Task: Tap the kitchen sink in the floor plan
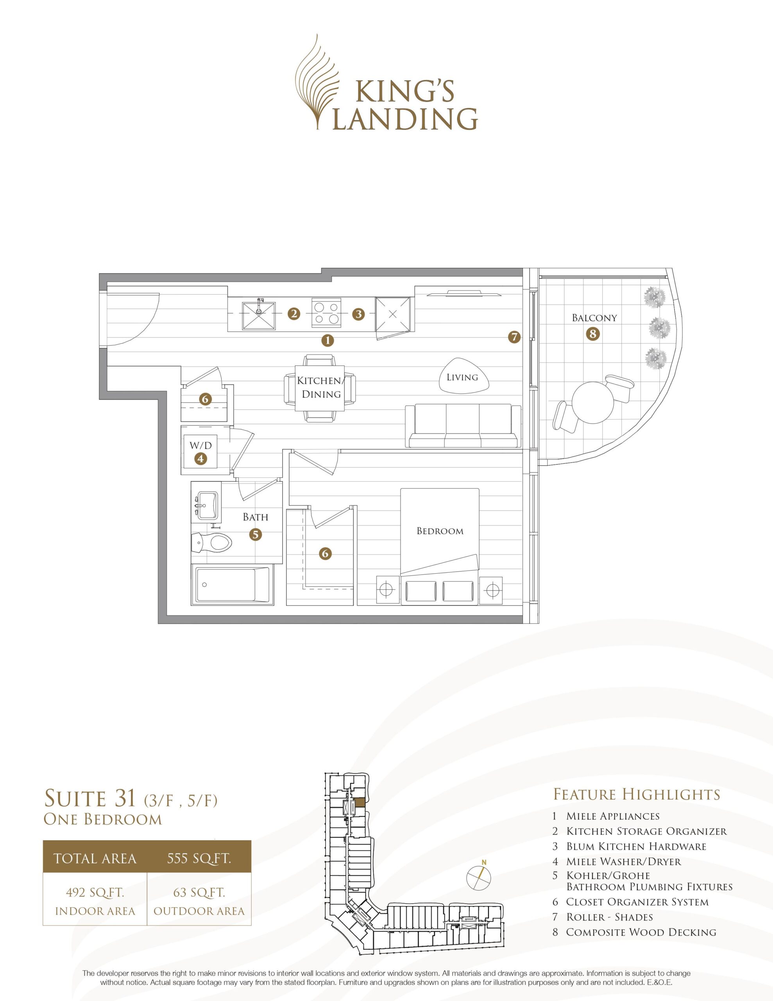pos(258,314)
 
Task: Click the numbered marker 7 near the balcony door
pos(515,337)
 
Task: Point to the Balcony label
pos(594,318)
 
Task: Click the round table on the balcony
pos(593,403)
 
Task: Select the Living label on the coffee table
pos(462,377)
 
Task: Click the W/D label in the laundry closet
pos(201,445)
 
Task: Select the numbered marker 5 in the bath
pos(256,534)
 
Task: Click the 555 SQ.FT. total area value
pos(199,858)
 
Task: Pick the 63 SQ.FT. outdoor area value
pos(199,892)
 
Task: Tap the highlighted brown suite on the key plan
pos(361,802)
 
